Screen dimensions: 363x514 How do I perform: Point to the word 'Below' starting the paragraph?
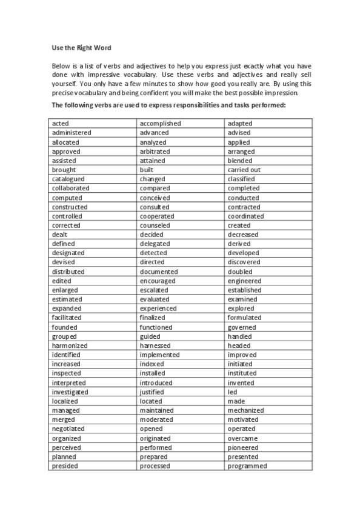click(61, 65)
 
